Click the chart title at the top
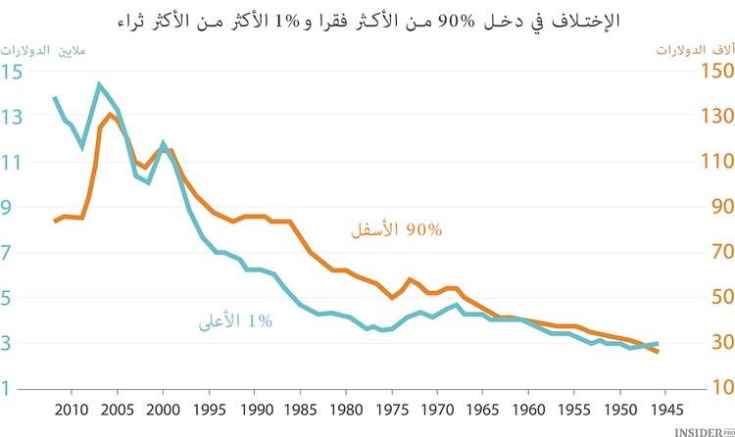367,20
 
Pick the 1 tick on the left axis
9,388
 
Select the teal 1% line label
260,320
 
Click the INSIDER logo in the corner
700,429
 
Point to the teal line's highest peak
99,84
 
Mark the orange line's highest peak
110,115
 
